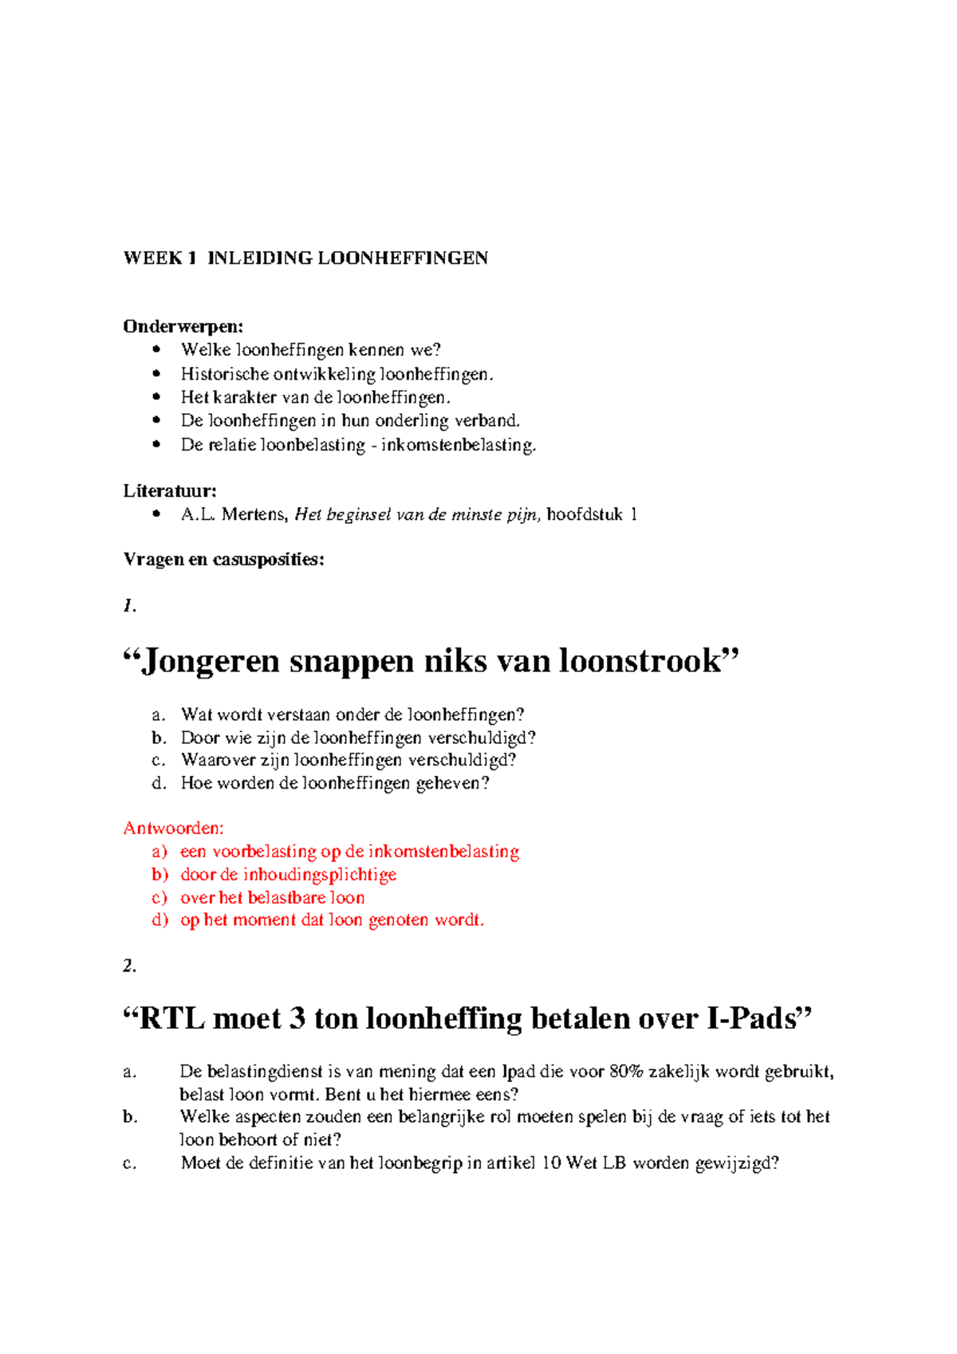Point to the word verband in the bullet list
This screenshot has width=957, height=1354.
486,420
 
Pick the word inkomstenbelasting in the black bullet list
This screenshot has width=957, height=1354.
457,444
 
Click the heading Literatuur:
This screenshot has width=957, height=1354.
170,490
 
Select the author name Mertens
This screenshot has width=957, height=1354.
254,514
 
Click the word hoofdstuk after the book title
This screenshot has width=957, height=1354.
585,514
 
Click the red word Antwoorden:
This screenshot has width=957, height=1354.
173,829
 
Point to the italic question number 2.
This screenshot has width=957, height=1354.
129,966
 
